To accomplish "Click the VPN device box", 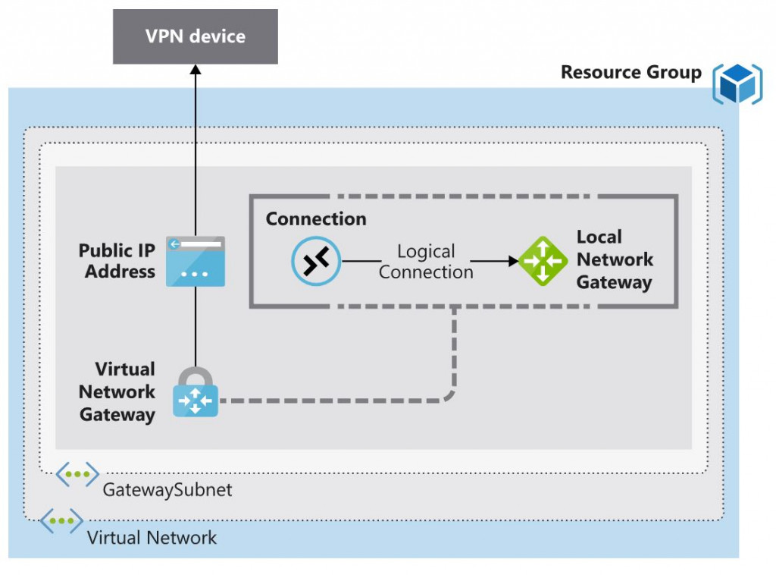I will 196,36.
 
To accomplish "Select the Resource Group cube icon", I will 737,83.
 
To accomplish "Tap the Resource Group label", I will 631,73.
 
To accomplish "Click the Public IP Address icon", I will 196,261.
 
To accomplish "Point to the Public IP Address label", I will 117,261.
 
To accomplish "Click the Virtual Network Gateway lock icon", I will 196,393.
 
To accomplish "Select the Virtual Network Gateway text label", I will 117,392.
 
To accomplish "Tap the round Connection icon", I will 316,261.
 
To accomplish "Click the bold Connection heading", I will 316,219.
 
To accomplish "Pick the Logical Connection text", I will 426,262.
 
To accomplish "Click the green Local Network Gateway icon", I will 544,261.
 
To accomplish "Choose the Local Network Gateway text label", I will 614,260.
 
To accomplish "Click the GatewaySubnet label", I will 167,490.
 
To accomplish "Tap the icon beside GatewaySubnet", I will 77,475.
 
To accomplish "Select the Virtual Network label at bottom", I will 152,539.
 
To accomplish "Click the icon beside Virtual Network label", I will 61,521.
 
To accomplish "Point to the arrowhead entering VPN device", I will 196,69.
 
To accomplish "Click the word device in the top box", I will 220,36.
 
